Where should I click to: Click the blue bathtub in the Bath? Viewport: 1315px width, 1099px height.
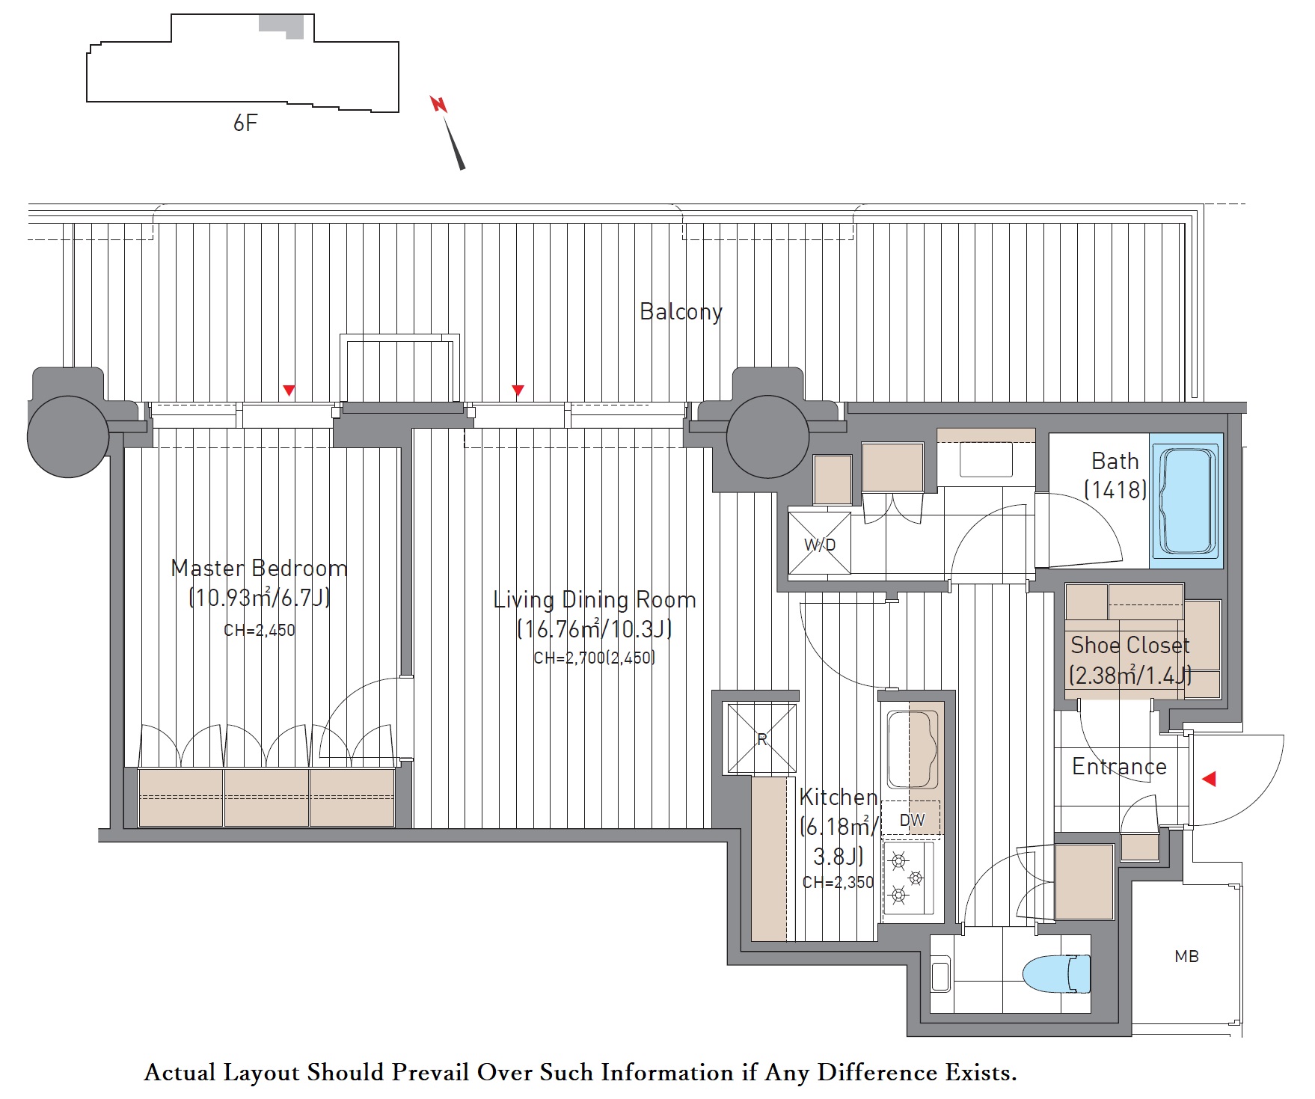click(1186, 500)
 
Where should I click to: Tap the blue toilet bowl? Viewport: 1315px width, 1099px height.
click(1056, 973)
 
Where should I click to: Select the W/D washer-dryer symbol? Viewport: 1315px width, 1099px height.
click(820, 543)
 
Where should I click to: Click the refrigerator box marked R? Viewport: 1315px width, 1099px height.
click(762, 739)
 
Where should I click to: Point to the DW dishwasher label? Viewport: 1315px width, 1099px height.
click(912, 820)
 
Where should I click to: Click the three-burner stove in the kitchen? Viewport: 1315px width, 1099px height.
click(908, 878)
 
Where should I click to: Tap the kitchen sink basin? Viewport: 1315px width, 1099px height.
click(912, 749)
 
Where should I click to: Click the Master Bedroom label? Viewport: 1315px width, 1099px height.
click(260, 569)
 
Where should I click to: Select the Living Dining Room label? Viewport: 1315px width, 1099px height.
click(595, 600)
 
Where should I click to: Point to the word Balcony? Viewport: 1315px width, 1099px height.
click(681, 311)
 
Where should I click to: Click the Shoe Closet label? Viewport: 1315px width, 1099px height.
click(1129, 645)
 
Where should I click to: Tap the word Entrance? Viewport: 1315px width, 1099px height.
click(1119, 766)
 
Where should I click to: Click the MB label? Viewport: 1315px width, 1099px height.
click(1186, 956)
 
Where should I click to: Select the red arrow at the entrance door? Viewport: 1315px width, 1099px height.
click(1209, 779)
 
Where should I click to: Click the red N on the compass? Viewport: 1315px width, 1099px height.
click(438, 104)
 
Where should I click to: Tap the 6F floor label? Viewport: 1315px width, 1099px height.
click(245, 123)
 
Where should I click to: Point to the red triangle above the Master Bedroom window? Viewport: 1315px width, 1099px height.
click(289, 390)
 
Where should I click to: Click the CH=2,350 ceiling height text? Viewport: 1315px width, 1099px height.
click(838, 882)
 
